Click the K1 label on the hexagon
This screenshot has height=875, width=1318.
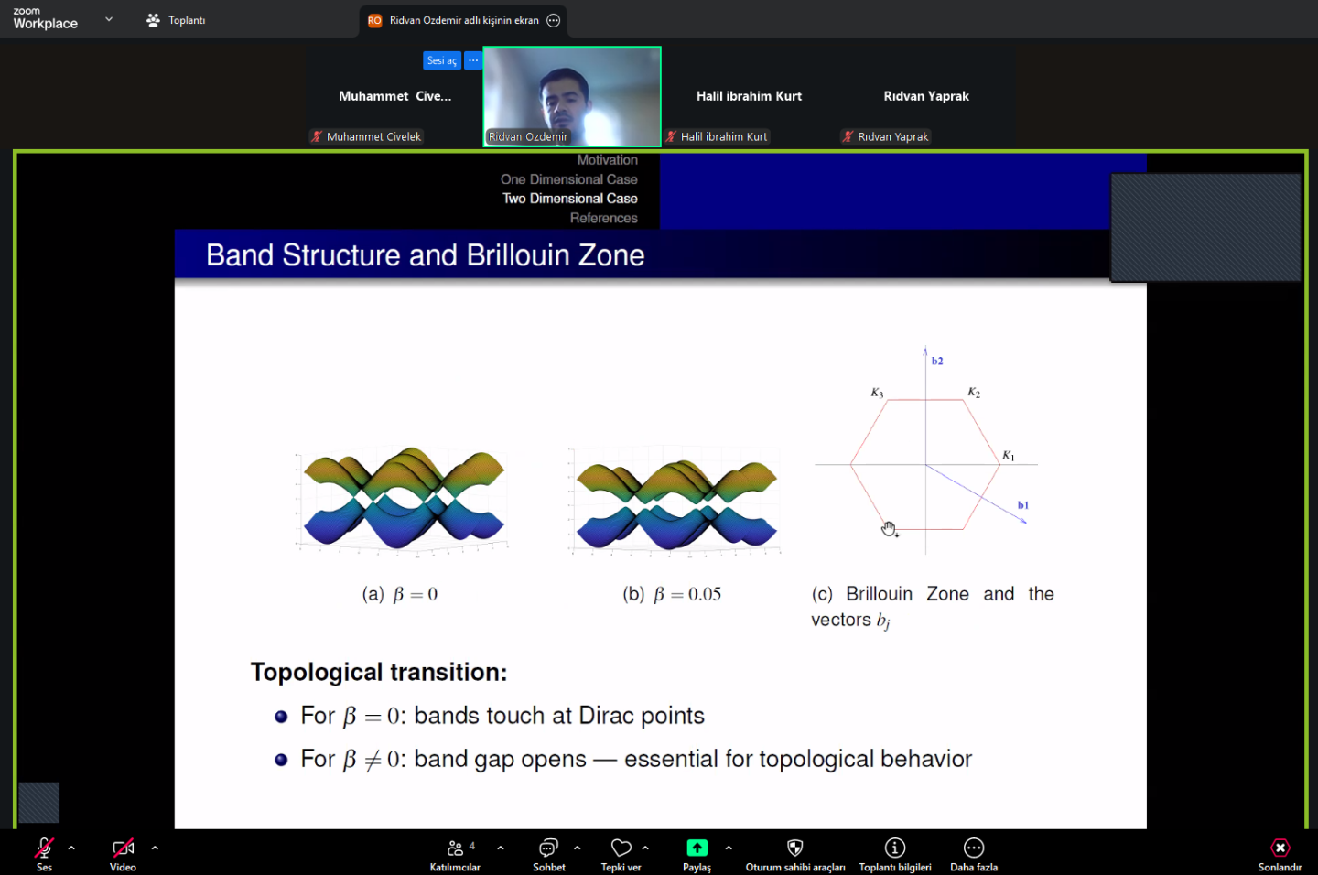1008,456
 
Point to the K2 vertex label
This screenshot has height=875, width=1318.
974,393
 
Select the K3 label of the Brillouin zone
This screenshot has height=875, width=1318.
877,393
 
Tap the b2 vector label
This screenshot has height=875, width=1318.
937,361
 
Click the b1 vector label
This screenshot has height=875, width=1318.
1023,505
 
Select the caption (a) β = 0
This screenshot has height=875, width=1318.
399,594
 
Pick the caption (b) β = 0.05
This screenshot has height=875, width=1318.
672,594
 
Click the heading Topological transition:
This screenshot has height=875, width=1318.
379,672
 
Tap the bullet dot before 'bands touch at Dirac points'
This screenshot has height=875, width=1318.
281,716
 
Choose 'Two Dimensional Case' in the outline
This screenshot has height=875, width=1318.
569,199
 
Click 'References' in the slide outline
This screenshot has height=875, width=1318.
604,218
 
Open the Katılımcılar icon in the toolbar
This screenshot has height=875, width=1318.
455,848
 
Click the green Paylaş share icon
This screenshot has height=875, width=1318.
697,848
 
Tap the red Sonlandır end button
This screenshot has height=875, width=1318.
1280,848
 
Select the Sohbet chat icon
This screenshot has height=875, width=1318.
548,848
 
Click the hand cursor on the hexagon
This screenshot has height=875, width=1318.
889,528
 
